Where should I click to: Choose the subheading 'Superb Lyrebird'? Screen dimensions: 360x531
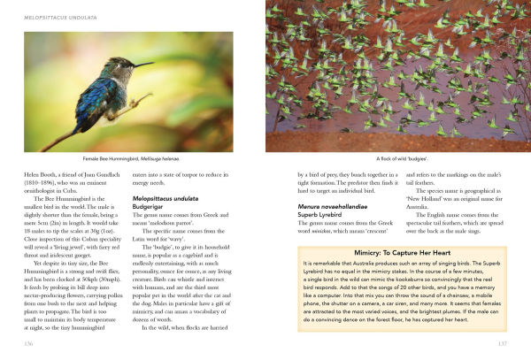[325, 215]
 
